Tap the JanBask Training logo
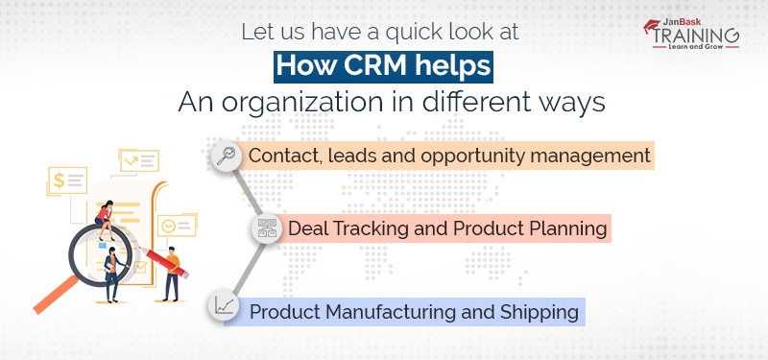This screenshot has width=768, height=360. point(691,35)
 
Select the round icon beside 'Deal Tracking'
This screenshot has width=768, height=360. point(266,230)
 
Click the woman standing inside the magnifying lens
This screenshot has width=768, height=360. point(111,270)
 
